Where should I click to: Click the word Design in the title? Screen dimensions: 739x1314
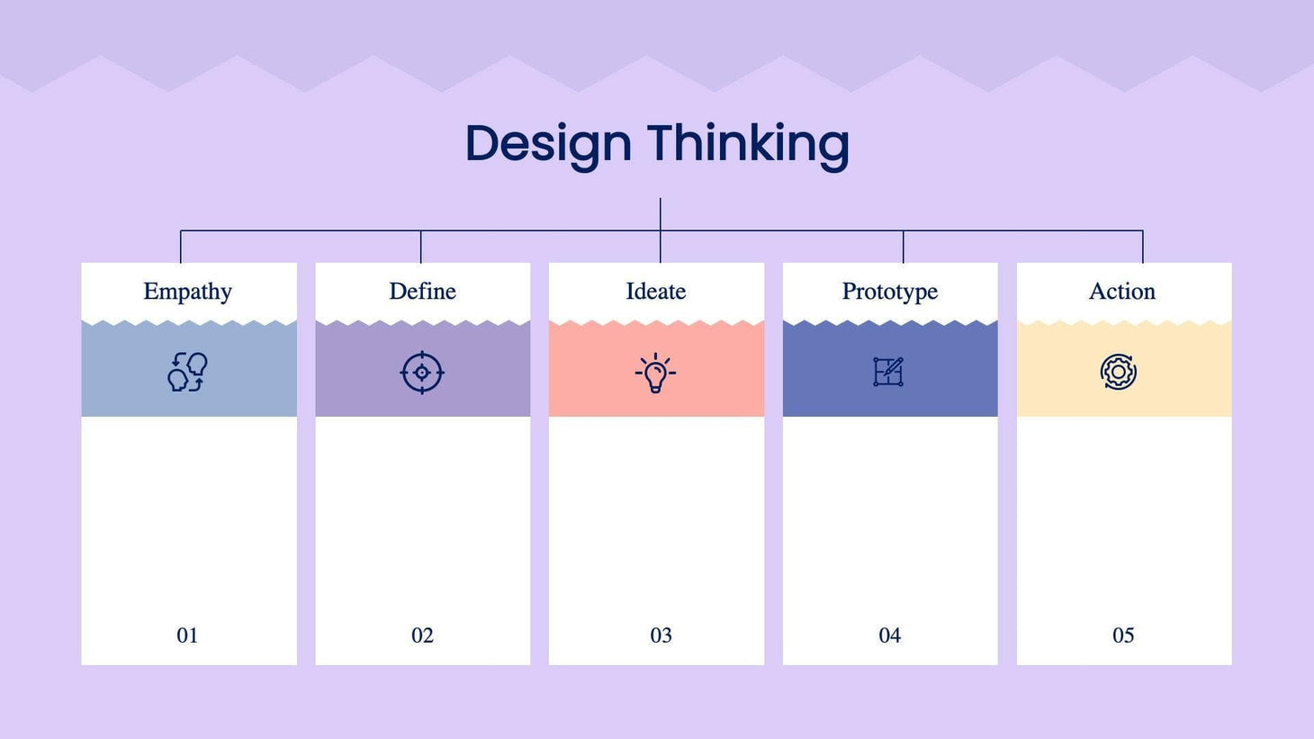coord(548,144)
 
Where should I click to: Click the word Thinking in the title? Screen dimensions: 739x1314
coord(748,144)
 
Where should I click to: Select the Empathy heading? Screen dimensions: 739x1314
coord(187,291)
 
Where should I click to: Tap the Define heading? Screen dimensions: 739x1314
coord(422,291)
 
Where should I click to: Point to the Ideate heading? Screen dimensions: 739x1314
coord(655,291)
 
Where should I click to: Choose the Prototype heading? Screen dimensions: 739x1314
coord(889,291)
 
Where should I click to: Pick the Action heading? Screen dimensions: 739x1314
coord(1121,291)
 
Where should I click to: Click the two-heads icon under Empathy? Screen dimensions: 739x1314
coord(187,372)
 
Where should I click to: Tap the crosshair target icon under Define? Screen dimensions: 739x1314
coord(421,373)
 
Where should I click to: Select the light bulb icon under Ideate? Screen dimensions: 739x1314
coord(655,373)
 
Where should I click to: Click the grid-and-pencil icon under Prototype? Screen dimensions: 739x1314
coord(888,372)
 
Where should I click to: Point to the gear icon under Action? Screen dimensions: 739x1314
coord(1119,372)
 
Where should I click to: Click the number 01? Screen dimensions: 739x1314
coord(187,635)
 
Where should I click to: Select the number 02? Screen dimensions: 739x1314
coord(422,635)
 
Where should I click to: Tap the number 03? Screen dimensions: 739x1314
coord(661,635)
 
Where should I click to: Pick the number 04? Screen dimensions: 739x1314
coord(889,635)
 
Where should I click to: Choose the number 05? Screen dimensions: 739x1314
coord(1123,635)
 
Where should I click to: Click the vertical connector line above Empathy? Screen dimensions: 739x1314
coord(181,247)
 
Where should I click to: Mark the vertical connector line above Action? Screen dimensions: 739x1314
coord(1143,247)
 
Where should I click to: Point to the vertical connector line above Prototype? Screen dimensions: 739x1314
coord(903,247)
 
